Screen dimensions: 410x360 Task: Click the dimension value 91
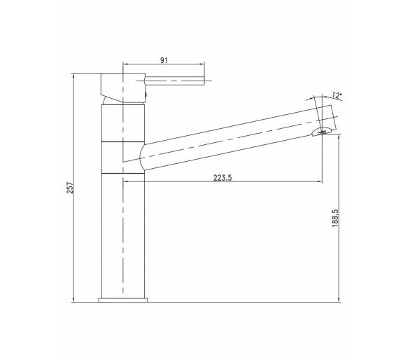pos(164,60)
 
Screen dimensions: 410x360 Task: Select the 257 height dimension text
pos(70,188)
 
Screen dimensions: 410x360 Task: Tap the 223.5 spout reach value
pos(222,178)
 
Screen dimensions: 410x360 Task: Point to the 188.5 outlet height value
pos(335,218)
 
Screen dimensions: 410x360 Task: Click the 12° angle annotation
pos(337,95)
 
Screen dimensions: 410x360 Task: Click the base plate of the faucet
pos(123,300)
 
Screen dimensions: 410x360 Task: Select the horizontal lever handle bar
pos(174,81)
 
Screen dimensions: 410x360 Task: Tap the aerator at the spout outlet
pos(322,132)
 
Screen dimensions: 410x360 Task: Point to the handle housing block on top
pos(123,88)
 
